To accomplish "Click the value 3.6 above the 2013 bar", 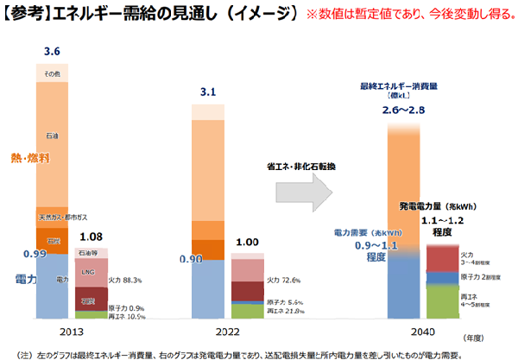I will (x=51, y=53).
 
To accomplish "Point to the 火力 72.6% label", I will (x=284, y=281).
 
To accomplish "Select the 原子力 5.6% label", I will (x=285, y=302).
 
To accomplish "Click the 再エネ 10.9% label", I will (x=125, y=317).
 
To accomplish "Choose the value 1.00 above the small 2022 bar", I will (x=248, y=243).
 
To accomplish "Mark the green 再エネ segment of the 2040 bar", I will (x=447, y=301).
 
